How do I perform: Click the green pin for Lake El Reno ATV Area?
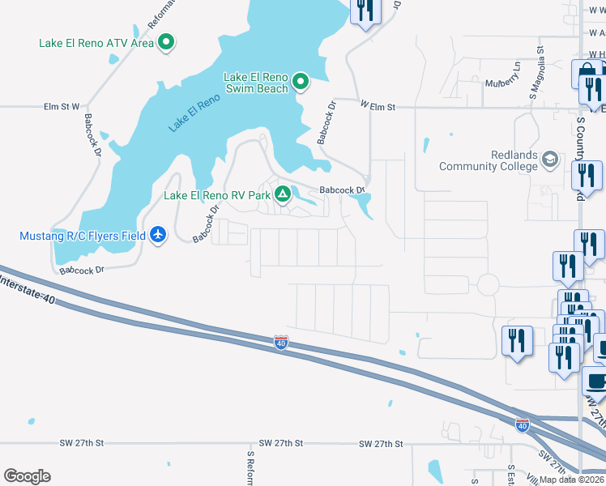[166, 42]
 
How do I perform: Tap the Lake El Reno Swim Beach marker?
[301, 80]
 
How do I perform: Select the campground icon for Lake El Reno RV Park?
[283, 194]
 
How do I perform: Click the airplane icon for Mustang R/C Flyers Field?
[158, 236]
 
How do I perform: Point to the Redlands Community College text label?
[488, 160]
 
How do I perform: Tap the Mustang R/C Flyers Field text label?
[83, 236]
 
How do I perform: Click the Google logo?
[27, 475]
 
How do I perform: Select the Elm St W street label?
[62, 106]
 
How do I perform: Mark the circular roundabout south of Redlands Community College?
[488, 285]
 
